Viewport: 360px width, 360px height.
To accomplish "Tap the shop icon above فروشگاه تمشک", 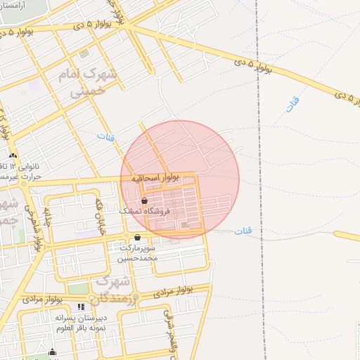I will click(145, 200).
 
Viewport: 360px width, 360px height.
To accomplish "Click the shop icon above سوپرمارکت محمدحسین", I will click(137, 238).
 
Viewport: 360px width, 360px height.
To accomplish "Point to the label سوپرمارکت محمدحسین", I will click(138, 253).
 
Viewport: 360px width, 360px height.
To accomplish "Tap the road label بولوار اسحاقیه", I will click(155, 179).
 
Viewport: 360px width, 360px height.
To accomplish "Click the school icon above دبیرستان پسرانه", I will click(81, 307).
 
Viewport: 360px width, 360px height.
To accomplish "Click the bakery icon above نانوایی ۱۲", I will click(13, 155).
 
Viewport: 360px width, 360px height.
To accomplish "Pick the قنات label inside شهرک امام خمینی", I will click(105, 135).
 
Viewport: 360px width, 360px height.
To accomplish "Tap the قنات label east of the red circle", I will click(243, 231).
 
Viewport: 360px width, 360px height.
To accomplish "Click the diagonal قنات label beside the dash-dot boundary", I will click(292, 104).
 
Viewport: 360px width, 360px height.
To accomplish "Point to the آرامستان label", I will click(15, 4).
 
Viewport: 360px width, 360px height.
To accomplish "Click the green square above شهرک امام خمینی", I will click(84, 53).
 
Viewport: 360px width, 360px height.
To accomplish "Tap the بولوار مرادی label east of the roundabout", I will click(176, 289).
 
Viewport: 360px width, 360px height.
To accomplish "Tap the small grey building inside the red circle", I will click(185, 225).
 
